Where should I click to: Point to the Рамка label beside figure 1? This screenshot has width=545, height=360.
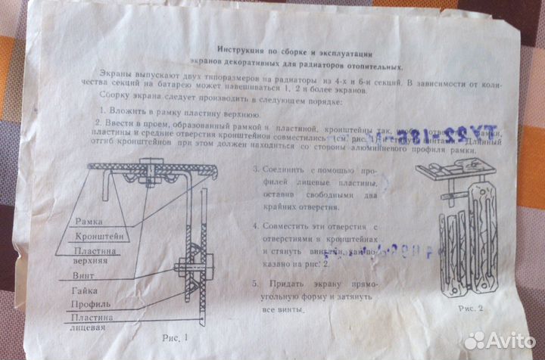pyautogui.click(x=88, y=222)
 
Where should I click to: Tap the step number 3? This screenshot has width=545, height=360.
pyautogui.click(x=256, y=169)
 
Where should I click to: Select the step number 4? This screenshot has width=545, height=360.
pyautogui.click(x=256, y=225)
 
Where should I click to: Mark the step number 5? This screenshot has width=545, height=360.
pyautogui.click(x=256, y=281)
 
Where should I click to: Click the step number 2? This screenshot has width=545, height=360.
pyautogui.click(x=98, y=123)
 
